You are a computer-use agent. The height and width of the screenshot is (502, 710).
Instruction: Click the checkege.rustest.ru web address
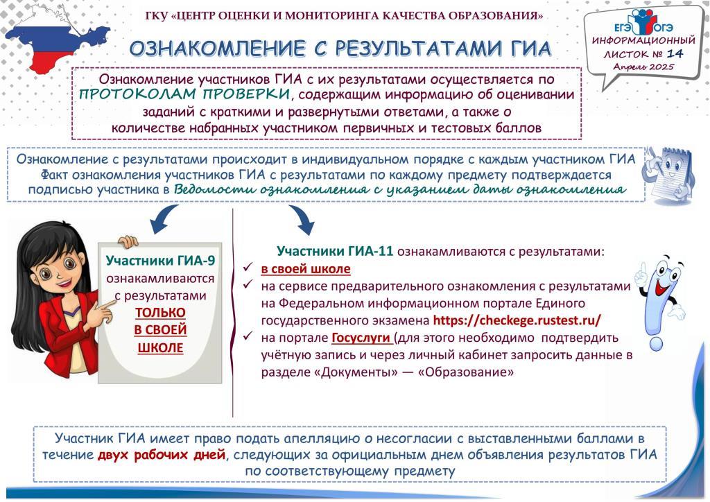pyautogui.click(x=517, y=320)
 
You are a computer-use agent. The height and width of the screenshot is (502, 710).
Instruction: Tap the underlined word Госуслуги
pyautogui.click(x=361, y=338)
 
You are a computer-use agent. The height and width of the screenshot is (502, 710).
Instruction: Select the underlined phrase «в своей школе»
pyautogui.click(x=306, y=269)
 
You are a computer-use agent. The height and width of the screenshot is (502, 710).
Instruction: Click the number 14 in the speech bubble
pyautogui.click(x=675, y=53)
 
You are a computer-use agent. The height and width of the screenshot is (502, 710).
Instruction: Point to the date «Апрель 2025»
pyautogui.click(x=643, y=67)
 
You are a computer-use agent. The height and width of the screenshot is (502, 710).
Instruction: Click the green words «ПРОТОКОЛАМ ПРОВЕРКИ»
pyautogui.click(x=184, y=94)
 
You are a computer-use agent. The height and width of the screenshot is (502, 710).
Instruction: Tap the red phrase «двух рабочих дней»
pyautogui.click(x=162, y=454)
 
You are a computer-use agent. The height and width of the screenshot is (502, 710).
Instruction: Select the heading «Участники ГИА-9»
pyautogui.click(x=160, y=261)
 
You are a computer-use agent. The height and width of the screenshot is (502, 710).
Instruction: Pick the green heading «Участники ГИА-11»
pyautogui.click(x=335, y=251)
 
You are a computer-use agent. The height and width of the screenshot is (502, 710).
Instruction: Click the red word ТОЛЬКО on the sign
pyautogui.click(x=160, y=313)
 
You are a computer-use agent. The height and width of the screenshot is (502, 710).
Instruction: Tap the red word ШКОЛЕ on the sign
pyautogui.click(x=160, y=347)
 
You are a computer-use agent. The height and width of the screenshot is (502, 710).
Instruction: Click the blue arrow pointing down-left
pyautogui.click(x=164, y=218)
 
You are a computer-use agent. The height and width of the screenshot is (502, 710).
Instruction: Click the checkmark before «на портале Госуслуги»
pyautogui.click(x=248, y=336)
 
